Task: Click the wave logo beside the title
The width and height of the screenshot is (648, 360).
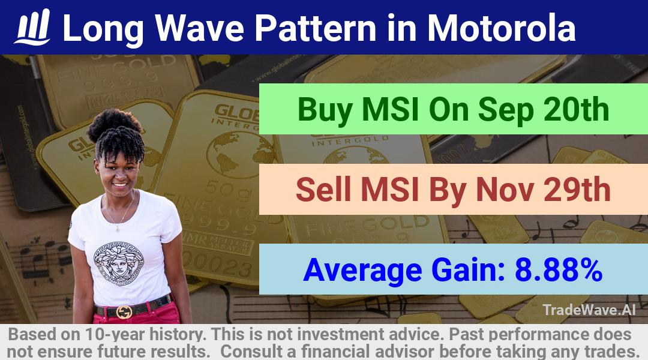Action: click(x=32, y=27)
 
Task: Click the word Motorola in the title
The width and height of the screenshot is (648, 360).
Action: click(x=501, y=28)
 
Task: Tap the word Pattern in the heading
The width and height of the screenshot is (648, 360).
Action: click(x=316, y=28)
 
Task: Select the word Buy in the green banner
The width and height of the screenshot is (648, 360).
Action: click(x=325, y=110)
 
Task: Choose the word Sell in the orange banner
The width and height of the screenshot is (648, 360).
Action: click(x=324, y=190)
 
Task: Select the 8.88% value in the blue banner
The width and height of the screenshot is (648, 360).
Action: click(x=559, y=269)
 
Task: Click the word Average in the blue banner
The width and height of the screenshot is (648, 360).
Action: click(x=362, y=271)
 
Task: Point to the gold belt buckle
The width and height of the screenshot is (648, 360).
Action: click(x=124, y=311)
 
